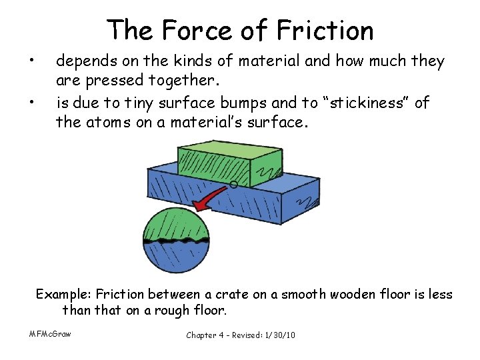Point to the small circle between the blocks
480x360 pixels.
point(233,184)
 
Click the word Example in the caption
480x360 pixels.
point(63,294)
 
